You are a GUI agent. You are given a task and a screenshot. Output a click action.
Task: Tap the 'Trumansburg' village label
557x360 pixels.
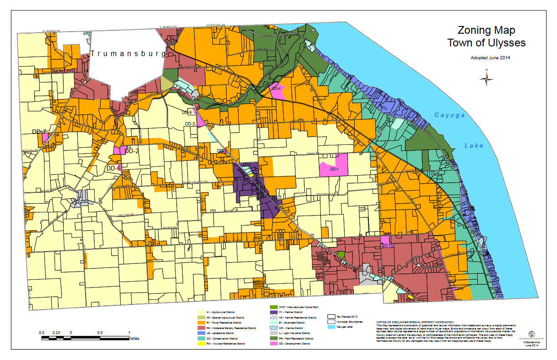(128, 54)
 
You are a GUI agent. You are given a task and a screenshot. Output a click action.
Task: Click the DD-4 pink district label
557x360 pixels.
(276, 88)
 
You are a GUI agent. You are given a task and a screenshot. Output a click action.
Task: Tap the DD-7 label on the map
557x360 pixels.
(39, 132)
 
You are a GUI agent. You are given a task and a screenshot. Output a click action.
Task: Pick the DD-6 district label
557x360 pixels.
(113, 168)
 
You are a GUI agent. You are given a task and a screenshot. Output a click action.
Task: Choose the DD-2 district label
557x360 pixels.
(132, 151)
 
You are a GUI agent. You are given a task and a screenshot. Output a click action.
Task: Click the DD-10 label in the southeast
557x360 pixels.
(388, 246)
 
